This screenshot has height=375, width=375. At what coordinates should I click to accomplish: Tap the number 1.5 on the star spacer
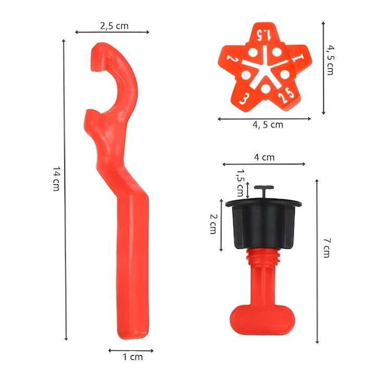(x=265, y=35)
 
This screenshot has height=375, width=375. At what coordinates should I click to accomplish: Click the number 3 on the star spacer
(x=243, y=97)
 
